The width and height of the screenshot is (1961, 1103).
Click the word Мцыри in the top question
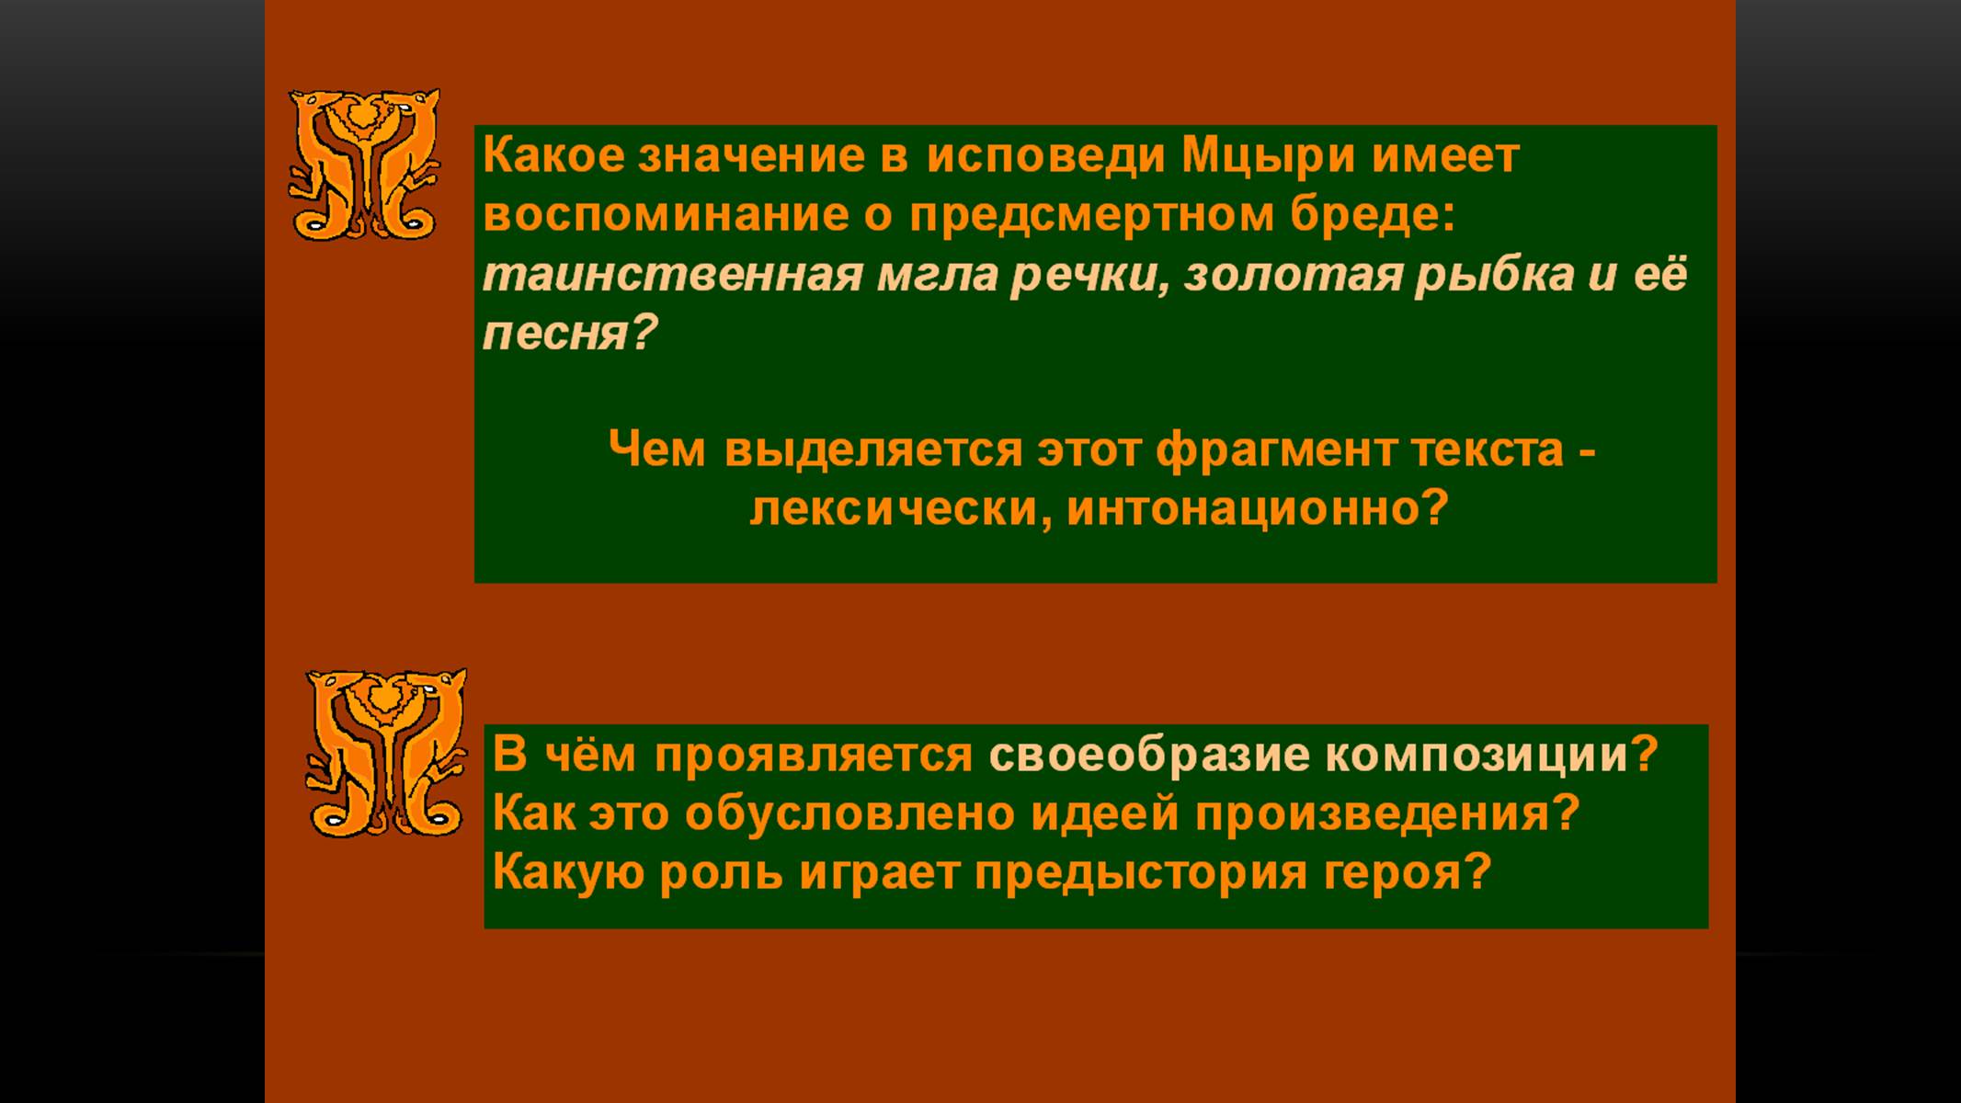click(x=1268, y=156)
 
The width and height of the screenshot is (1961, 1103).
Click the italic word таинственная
click(x=673, y=275)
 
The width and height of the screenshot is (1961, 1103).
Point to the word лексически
click(x=895, y=508)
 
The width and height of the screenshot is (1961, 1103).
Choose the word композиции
click(x=1476, y=756)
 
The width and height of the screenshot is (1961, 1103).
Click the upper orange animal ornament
click(x=364, y=164)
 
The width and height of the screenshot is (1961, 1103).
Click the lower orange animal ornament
click(x=386, y=753)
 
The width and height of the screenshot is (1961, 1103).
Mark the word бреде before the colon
click(x=1364, y=215)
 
